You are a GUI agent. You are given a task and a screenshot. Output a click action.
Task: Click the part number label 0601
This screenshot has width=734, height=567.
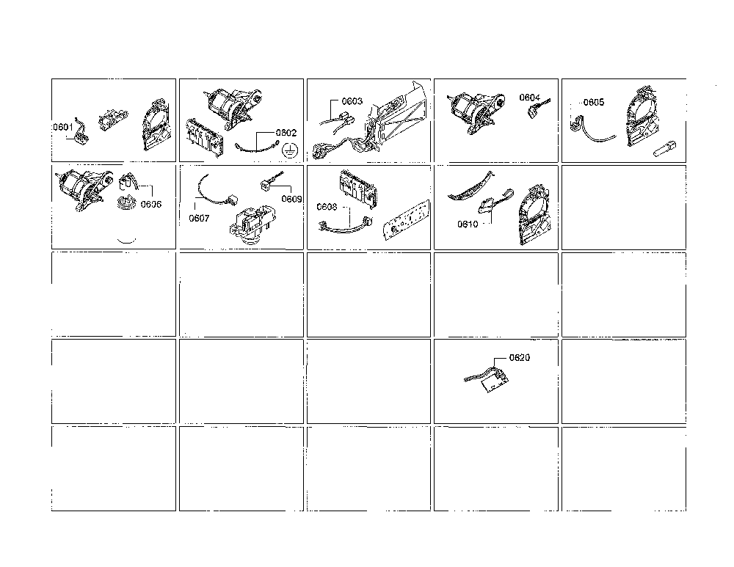pos(62,127)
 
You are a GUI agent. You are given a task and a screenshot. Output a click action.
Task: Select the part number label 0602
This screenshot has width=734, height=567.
pos(286,133)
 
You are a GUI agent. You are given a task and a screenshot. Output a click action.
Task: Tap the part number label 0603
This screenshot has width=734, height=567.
pos(352,101)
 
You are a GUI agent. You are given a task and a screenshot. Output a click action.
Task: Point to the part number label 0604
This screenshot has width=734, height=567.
pos(529,98)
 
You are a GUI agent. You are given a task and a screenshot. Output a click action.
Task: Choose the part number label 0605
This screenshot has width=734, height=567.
pos(594,102)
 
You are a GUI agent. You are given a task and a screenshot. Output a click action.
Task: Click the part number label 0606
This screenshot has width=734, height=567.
pos(150,205)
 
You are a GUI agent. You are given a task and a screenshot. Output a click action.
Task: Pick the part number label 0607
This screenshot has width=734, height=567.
pos(199,219)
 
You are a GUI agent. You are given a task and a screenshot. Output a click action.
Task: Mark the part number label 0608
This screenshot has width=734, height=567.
pos(327,207)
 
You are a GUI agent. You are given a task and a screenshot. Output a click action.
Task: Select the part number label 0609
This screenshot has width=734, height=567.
pos(291,200)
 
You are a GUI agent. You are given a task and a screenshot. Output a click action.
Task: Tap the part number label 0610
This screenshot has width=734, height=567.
pos(468,224)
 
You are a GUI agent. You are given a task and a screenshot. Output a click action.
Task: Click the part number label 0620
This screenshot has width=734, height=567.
pos(519,358)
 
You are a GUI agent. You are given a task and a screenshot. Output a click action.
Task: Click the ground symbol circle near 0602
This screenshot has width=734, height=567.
pos(290,150)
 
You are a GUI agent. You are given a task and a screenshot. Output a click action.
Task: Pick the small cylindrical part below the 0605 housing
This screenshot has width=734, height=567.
pos(664,150)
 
